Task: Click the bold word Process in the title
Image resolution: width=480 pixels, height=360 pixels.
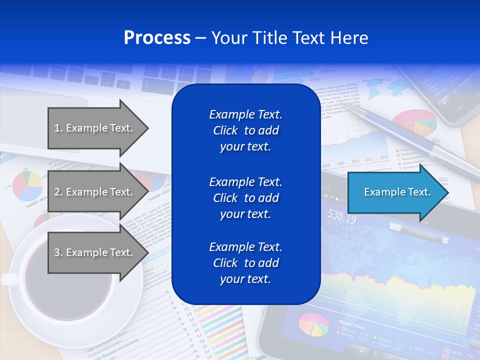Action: click(157, 38)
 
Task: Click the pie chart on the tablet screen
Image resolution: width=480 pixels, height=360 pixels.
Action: click(313, 324)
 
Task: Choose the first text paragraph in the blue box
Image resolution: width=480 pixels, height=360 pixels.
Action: click(245, 130)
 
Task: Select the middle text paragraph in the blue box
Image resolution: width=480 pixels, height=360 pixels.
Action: click(245, 198)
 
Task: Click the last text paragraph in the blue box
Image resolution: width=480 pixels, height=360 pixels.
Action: click(245, 263)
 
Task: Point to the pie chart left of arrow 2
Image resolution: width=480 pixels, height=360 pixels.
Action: click(27, 185)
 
